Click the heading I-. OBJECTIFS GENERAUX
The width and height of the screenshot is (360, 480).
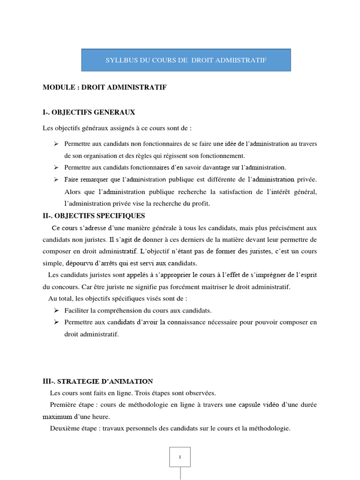[89, 112]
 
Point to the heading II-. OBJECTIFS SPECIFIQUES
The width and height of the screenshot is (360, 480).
[94, 216]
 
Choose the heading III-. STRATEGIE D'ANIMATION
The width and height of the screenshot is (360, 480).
[97, 382]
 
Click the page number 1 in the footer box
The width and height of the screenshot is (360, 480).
[180, 457]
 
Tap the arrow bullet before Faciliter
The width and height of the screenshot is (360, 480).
[56, 310]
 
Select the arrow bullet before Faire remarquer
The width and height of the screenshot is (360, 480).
[56, 180]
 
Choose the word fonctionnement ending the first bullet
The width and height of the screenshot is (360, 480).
[221, 156]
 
